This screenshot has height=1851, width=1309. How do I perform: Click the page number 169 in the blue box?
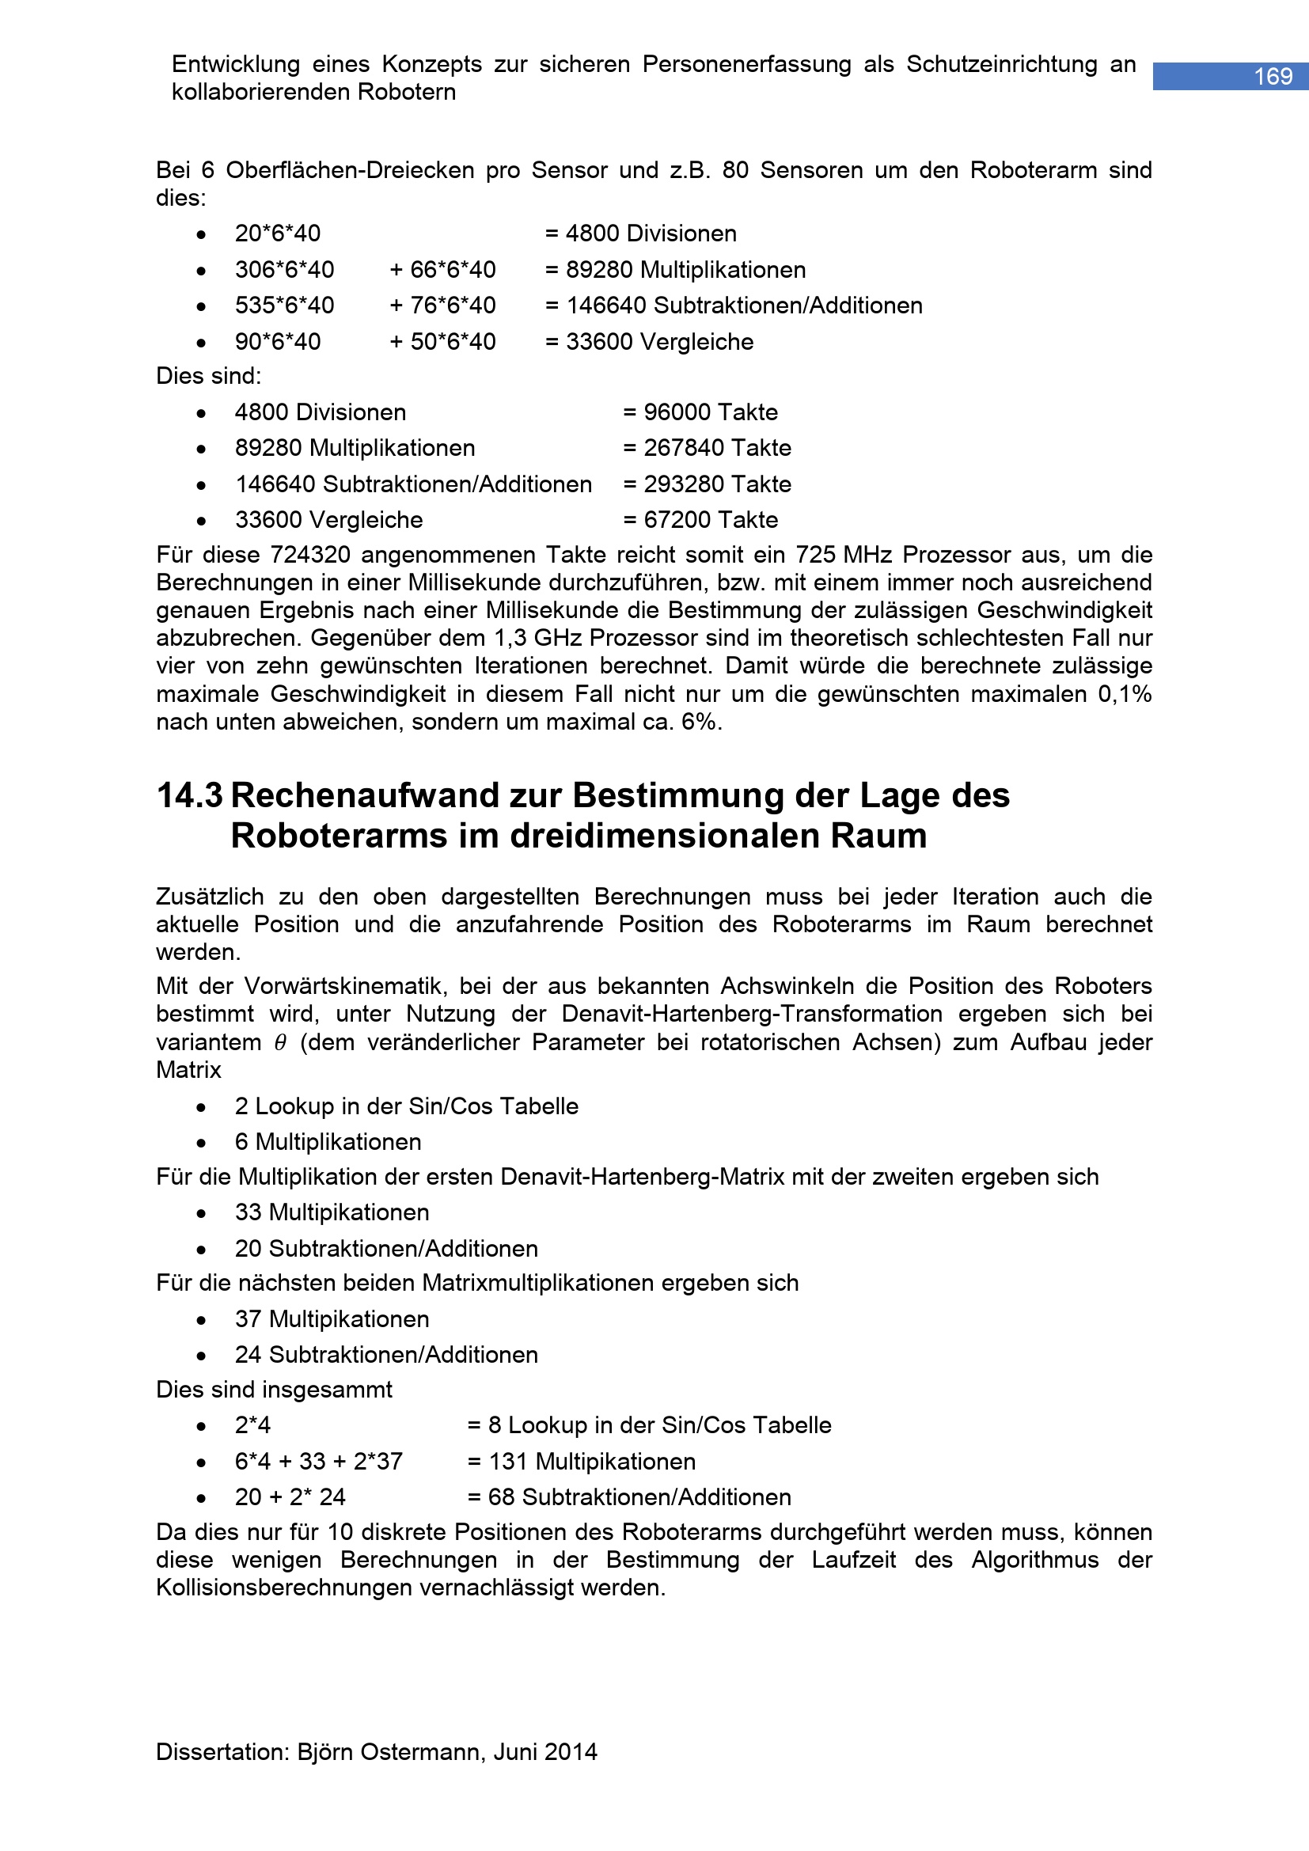[1273, 77]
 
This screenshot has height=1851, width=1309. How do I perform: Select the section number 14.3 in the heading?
[189, 795]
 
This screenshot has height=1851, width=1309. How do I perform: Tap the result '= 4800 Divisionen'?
[641, 233]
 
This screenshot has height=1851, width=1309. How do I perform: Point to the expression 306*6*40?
[285, 270]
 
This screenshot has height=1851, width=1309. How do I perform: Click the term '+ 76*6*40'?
[442, 305]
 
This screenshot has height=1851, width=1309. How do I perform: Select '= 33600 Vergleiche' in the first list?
[649, 342]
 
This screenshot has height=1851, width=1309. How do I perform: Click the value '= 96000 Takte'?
[700, 413]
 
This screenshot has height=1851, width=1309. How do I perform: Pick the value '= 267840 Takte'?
[707, 448]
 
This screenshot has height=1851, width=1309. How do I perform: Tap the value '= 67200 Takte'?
[700, 520]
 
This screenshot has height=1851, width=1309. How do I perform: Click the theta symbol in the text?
[280, 1042]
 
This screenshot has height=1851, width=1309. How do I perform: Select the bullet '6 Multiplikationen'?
[328, 1143]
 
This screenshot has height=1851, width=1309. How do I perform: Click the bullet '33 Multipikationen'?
[332, 1212]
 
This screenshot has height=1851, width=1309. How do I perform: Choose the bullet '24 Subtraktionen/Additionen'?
[386, 1354]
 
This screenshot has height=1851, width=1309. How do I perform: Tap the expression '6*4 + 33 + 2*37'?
[318, 1461]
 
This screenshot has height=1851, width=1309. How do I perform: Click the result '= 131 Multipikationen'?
[581, 1461]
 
